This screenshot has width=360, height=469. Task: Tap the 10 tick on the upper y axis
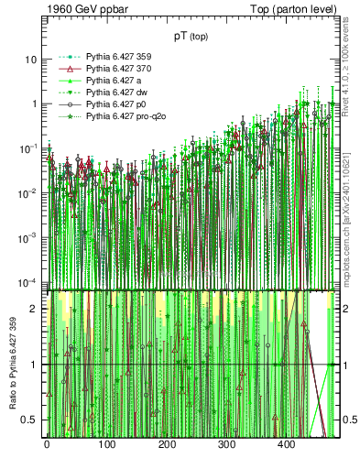point(28,59)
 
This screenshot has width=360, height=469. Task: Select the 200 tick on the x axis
point(167,444)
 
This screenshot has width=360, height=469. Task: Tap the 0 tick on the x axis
point(47,444)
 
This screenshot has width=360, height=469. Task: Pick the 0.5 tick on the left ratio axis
point(29,420)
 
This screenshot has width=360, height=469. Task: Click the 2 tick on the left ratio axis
point(34,309)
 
